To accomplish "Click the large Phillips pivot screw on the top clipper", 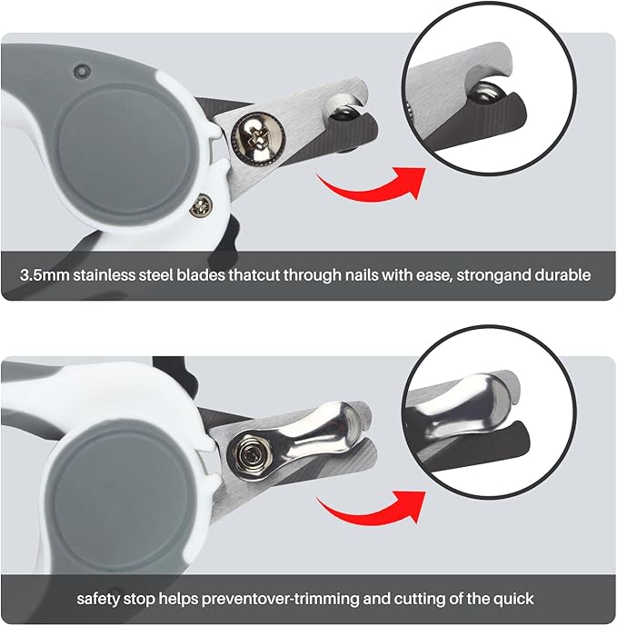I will click(251, 139).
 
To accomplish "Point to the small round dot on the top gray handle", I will click(82, 70).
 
